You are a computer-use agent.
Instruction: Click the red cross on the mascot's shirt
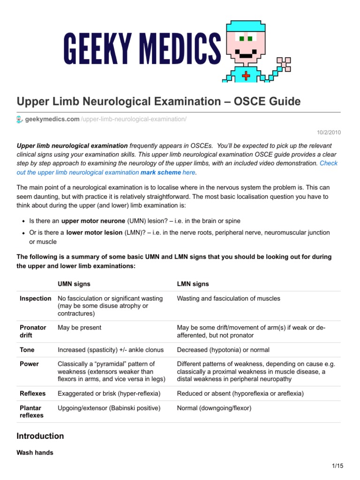[246, 75]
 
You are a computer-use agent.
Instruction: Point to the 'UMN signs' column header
[74, 284]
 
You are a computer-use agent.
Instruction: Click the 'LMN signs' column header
[193, 284]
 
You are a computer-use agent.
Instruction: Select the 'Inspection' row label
[36, 299]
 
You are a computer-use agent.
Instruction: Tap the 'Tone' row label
[27, 350]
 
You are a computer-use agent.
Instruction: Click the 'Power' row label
[29, 364]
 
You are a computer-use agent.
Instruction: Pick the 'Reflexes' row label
[32, 393]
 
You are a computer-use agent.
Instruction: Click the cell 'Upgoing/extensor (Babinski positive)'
[109, 408]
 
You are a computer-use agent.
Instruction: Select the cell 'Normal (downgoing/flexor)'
[214, 408]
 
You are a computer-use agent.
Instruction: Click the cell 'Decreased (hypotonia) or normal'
[223, 350]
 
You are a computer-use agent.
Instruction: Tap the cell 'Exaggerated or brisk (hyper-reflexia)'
[109, 393]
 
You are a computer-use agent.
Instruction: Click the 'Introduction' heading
[40, 436]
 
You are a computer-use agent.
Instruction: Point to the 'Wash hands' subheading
[35, 453]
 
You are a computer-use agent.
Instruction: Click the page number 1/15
[337, 465]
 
